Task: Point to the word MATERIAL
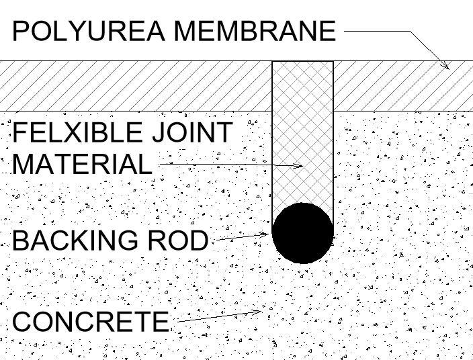click(x=82, y=164)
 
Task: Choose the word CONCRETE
click(x=91, y=322)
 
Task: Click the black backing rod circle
click(x=302, y=232)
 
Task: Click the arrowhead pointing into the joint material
click(x=299, y=165)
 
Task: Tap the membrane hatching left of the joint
click(x=134, y=86)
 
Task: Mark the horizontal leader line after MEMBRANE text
click(x=376, y=31)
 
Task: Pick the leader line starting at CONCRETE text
click(x=215, y=317)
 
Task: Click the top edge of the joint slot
click(x=302, y=61)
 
